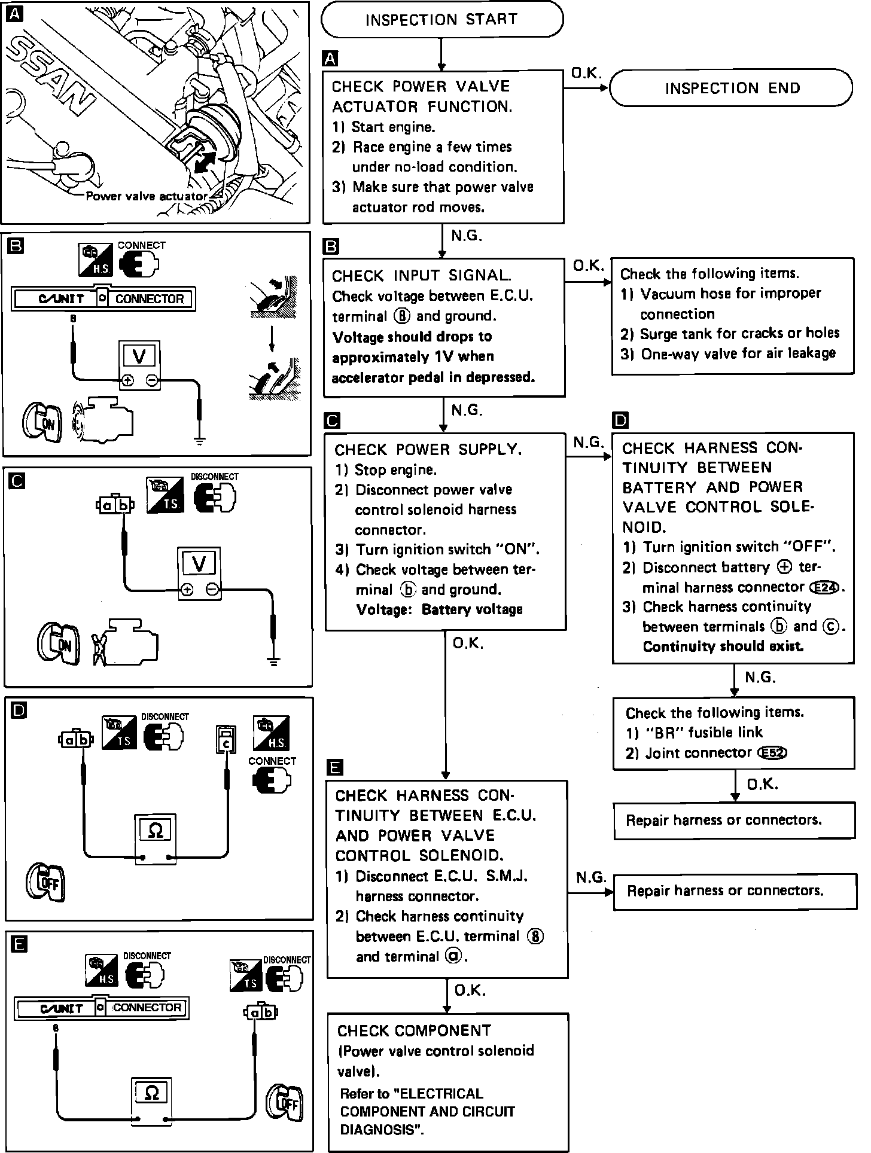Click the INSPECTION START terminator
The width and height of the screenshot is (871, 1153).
pos(441,20)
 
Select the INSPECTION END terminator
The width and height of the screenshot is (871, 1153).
pos(731,89)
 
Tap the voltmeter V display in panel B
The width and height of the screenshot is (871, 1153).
pos(139,357)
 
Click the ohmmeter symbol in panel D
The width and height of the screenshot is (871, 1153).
pos(154,830)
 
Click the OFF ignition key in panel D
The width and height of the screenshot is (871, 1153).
pos(46,882)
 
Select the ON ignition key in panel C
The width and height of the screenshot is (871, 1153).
pos(58,644)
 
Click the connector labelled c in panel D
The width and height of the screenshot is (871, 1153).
pos(227,740)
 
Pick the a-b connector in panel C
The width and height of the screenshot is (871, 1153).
pos(115,506)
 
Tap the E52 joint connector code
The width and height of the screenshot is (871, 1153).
pos(772,753)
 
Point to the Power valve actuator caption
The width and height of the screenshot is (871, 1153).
pos(147,196)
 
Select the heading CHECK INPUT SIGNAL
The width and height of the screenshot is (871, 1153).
pos(422,276)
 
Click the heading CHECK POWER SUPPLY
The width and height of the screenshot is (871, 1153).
pos(428,450)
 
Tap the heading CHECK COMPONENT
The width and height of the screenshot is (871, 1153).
pos(414,1030)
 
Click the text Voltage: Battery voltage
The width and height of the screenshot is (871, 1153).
pos(439,609)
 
